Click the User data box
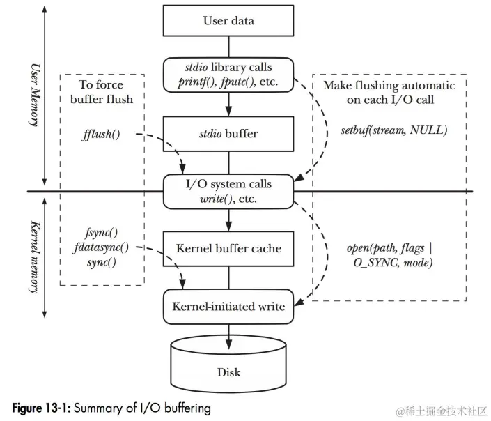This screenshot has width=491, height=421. pyautogui.click(x=228, y=20)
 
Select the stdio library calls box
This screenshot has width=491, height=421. pyautogui.click(x=228, y=75)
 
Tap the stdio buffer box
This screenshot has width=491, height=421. pyautogui.click(x=228, y=130)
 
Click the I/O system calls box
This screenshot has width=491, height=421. pyautogui.click(x=228, y=190)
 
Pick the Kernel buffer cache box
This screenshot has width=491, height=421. pyautogui.click(x=228, y=248)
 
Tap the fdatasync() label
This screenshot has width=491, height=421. pyautogui.click(x=102, y=248)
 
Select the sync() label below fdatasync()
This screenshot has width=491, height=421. pyautogui.click(x=102, y=262)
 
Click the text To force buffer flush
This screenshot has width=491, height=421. pyautogui.click(x=102, y=91)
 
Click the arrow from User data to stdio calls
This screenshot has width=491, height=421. pyautogui.click(x=228, y=47)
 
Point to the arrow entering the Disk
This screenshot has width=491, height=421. pyautogui.click(x=228, y=332)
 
